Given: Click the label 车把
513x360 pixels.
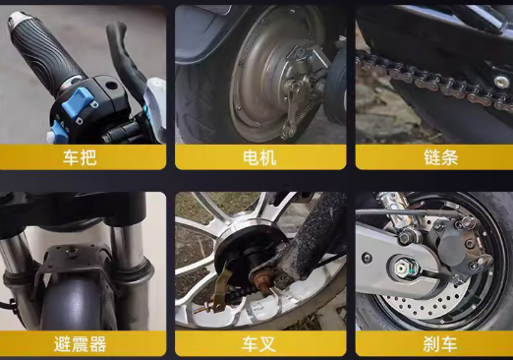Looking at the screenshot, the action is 80,157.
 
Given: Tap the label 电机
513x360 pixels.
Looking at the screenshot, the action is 259,157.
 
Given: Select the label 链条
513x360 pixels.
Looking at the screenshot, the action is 440,157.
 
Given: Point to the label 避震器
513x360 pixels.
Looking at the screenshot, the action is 81,344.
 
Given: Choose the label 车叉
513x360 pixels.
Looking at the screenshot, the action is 258,344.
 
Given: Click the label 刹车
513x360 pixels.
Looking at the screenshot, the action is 440,344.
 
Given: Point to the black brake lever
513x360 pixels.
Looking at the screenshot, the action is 125,56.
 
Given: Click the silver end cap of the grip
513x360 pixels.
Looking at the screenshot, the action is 18,19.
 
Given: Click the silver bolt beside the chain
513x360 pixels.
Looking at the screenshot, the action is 500,81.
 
